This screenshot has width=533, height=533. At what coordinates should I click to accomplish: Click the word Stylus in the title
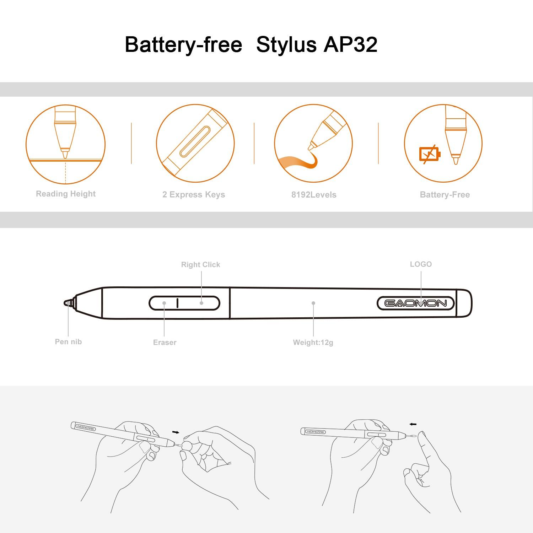[286, 45]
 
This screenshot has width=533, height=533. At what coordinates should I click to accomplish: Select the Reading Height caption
[66, 194]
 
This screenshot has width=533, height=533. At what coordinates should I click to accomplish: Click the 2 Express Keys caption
[194, 195]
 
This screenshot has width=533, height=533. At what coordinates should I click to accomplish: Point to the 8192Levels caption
[314, 195]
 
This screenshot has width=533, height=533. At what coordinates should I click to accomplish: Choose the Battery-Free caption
[445, 195]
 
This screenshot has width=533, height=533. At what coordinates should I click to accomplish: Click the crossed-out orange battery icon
[430, 155]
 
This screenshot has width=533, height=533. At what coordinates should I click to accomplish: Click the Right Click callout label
[201, 265]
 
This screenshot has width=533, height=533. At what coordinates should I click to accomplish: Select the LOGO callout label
[421, 264]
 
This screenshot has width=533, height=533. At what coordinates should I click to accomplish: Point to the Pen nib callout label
[68, 342]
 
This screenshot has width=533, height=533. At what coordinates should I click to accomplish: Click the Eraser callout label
[165, 343]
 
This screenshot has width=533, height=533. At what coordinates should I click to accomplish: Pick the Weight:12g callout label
[313, 343]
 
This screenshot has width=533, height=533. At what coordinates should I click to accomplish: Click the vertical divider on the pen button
[177, 303]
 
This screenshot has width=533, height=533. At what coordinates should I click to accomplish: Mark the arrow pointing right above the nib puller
[176, 432]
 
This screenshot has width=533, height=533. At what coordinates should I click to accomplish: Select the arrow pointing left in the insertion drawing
[413, 424]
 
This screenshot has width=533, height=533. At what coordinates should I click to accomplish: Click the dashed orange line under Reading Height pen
[66, 173]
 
